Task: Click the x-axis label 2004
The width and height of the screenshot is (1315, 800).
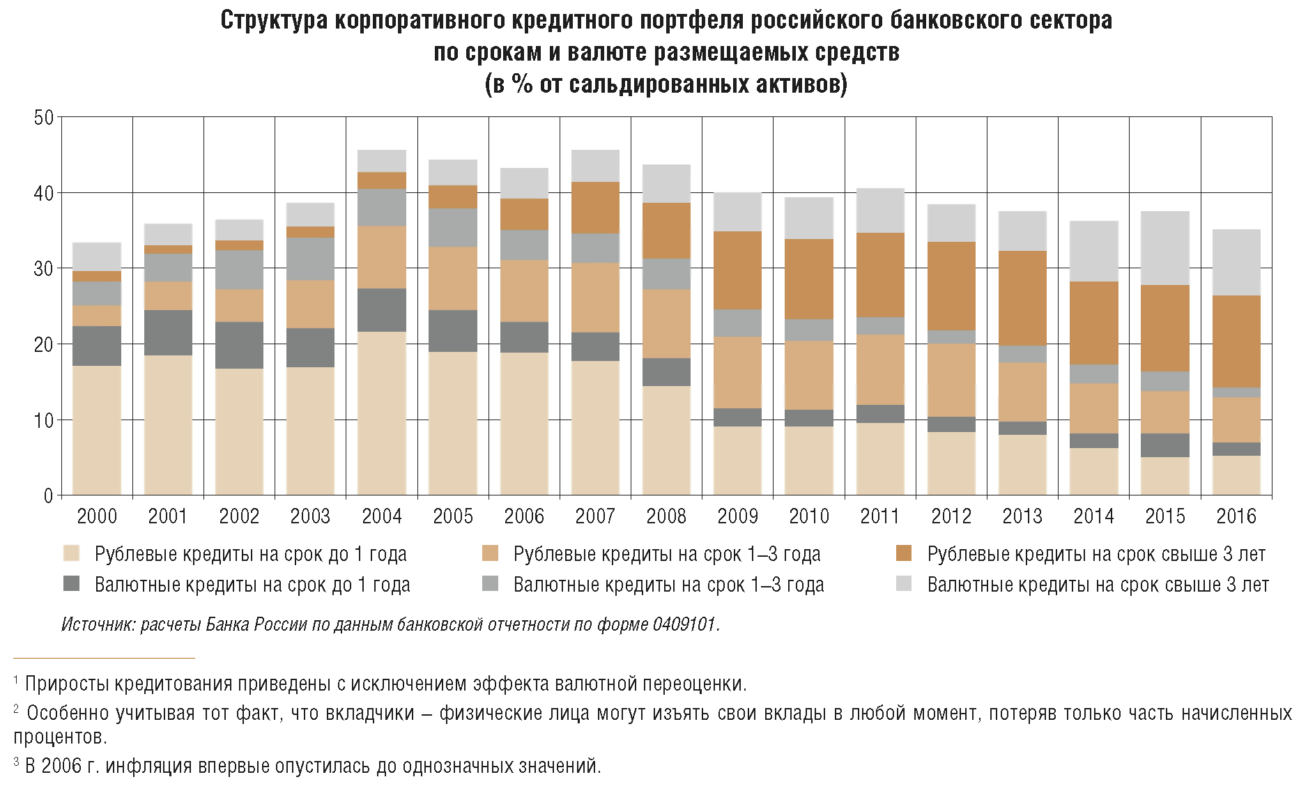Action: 382,516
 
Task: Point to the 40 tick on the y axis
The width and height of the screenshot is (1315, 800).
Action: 43,193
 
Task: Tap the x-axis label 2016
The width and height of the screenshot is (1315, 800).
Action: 1236,516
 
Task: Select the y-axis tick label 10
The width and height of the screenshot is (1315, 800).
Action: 43,420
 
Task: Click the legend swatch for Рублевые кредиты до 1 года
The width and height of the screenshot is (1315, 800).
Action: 71,553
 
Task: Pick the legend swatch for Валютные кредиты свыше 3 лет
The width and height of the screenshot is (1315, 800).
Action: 904,584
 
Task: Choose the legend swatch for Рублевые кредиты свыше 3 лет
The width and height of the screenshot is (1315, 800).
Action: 904,553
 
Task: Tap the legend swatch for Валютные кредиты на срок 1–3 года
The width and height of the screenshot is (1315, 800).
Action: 490,584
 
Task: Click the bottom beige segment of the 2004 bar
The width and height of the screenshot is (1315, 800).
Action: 382,413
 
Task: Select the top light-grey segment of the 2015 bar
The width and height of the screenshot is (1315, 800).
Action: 1164,248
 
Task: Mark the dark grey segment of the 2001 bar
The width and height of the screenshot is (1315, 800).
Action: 168,333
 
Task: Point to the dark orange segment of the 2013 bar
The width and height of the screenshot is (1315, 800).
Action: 1022,298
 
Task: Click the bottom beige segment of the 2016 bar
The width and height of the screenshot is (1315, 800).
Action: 1236,475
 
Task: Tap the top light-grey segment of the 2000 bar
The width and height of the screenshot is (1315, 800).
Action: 97,256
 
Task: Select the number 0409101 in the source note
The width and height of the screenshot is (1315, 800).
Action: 684,624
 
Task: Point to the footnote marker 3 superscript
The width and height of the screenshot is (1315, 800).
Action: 17,762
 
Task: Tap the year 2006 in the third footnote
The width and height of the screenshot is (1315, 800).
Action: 61,766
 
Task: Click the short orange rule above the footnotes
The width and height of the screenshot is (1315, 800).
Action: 104,658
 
